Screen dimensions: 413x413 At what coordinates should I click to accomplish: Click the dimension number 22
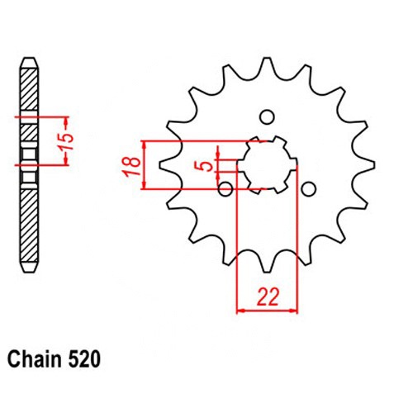click(268, 297)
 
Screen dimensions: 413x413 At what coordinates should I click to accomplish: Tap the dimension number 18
click(132, 167)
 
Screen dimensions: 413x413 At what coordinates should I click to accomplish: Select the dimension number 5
click(207, 166)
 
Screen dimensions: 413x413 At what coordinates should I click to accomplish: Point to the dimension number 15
click(67, 141)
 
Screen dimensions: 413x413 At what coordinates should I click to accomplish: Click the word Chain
click(35, 359)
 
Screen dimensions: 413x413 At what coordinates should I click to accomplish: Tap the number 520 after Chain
click(84, 359)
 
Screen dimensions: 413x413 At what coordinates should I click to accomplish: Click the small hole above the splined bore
click(267, 117)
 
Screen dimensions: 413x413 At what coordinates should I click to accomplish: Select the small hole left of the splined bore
click(225, 189)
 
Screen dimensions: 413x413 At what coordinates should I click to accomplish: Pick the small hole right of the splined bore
click(308, 189)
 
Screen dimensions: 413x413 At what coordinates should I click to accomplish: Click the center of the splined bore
click(267, 165)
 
